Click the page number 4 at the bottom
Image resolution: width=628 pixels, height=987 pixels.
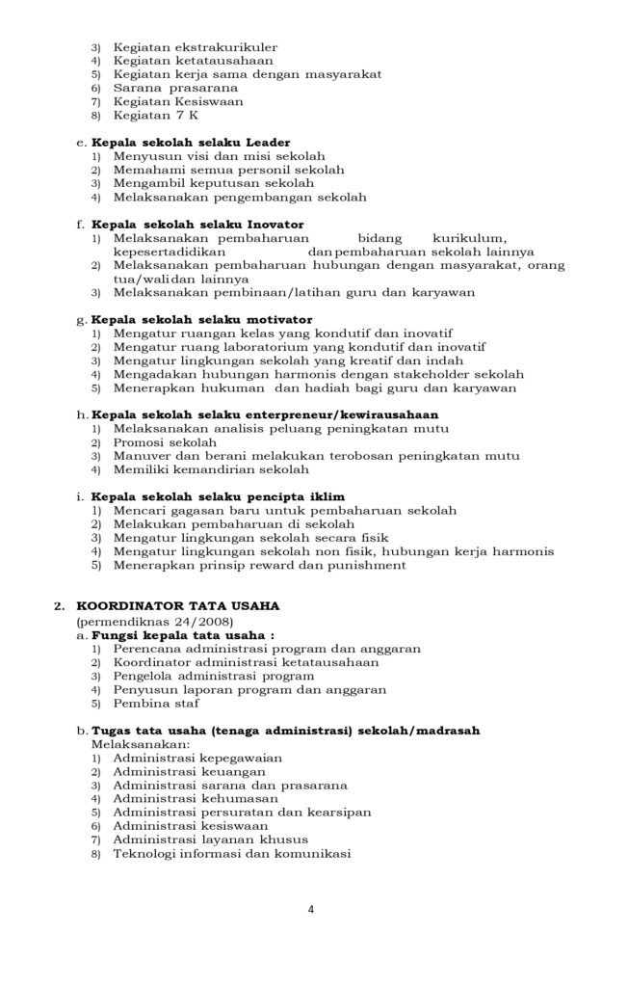click(311, 908)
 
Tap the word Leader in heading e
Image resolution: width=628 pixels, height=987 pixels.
click(268, 142)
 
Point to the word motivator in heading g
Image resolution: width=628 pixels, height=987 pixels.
click(280, 319)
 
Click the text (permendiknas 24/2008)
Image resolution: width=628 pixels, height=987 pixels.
click(146, 621)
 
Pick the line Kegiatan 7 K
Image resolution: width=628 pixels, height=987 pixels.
click(156, 115)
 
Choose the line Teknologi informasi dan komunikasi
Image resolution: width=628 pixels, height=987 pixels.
click(231, 853)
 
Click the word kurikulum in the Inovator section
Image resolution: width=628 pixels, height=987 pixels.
click(469, 237)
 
